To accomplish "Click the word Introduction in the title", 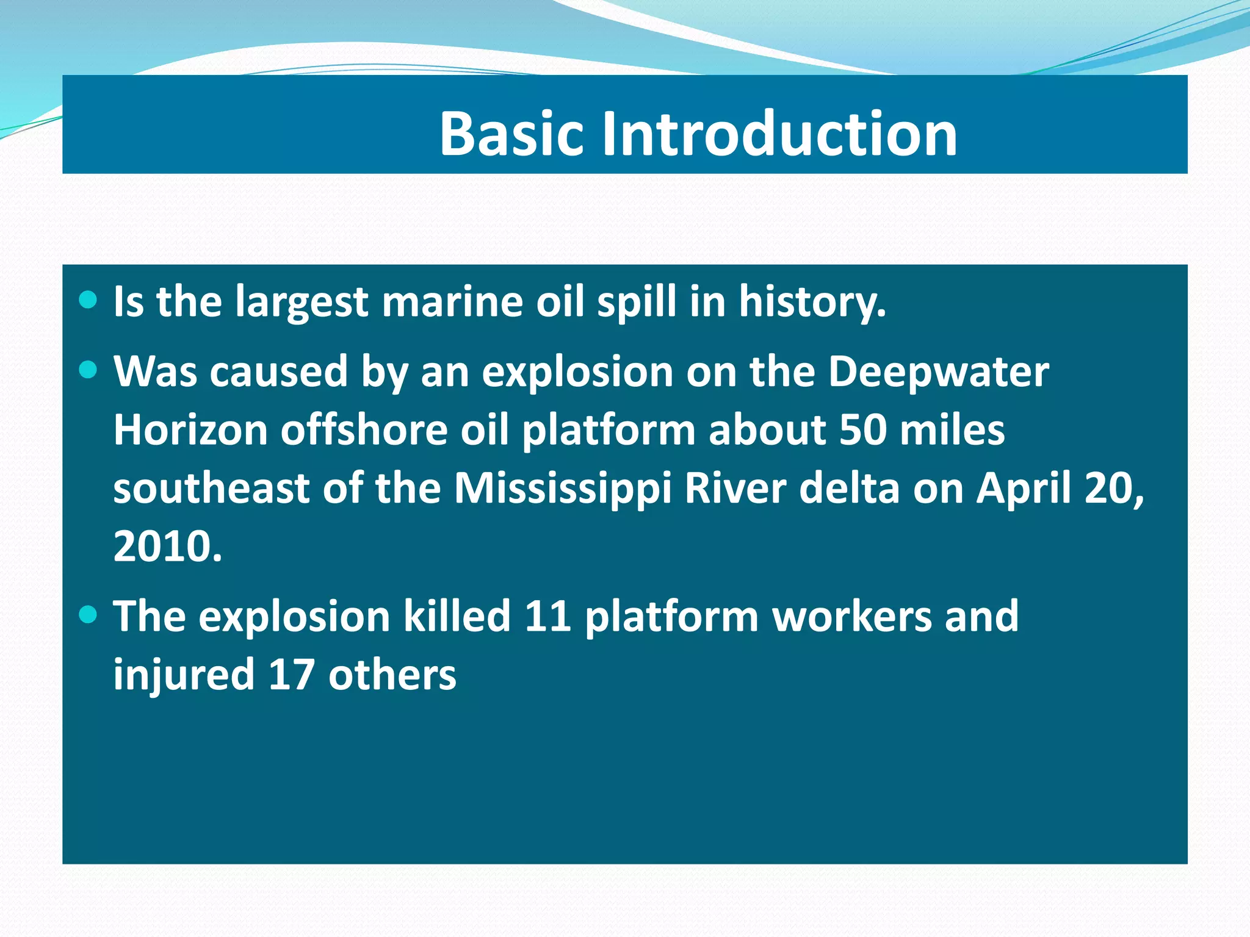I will click(x=779, y=134).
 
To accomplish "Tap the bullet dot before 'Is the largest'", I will click(x=89, y=300).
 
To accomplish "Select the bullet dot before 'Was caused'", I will click(x=89, y=370).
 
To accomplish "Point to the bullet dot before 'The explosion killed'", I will click(x=89, y=615).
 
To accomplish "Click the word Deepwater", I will click(x=938, y=372).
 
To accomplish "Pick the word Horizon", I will click(x=190, y=429).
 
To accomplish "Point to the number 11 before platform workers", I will click(x=547, y=616).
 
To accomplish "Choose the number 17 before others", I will click(x=291, y=675).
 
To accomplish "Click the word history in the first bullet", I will click(x=812, y=301).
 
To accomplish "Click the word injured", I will click(x=183, y=675).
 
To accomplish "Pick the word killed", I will click(x=457, y=616).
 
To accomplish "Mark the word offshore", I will click(x=364, y=429).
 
